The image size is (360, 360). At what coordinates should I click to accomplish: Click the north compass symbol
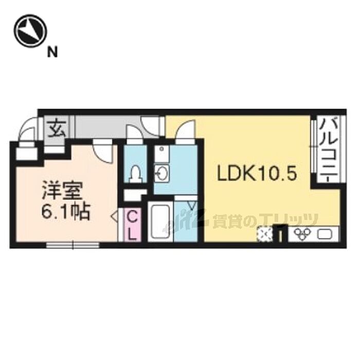(x=30, y=31)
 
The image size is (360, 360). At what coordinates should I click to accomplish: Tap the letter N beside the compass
(x=52, y=52)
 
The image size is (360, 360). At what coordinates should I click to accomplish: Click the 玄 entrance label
(x=56, y=130)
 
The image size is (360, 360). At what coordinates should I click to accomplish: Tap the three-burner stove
(x=301, y=233)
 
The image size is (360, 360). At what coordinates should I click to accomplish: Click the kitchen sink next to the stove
(x=325, y=233)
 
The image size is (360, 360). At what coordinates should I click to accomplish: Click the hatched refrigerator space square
(x=265, y=233)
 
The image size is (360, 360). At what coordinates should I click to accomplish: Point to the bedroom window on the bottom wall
(x=73, y=245)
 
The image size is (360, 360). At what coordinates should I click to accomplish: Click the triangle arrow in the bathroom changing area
(x=192, y=205)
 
